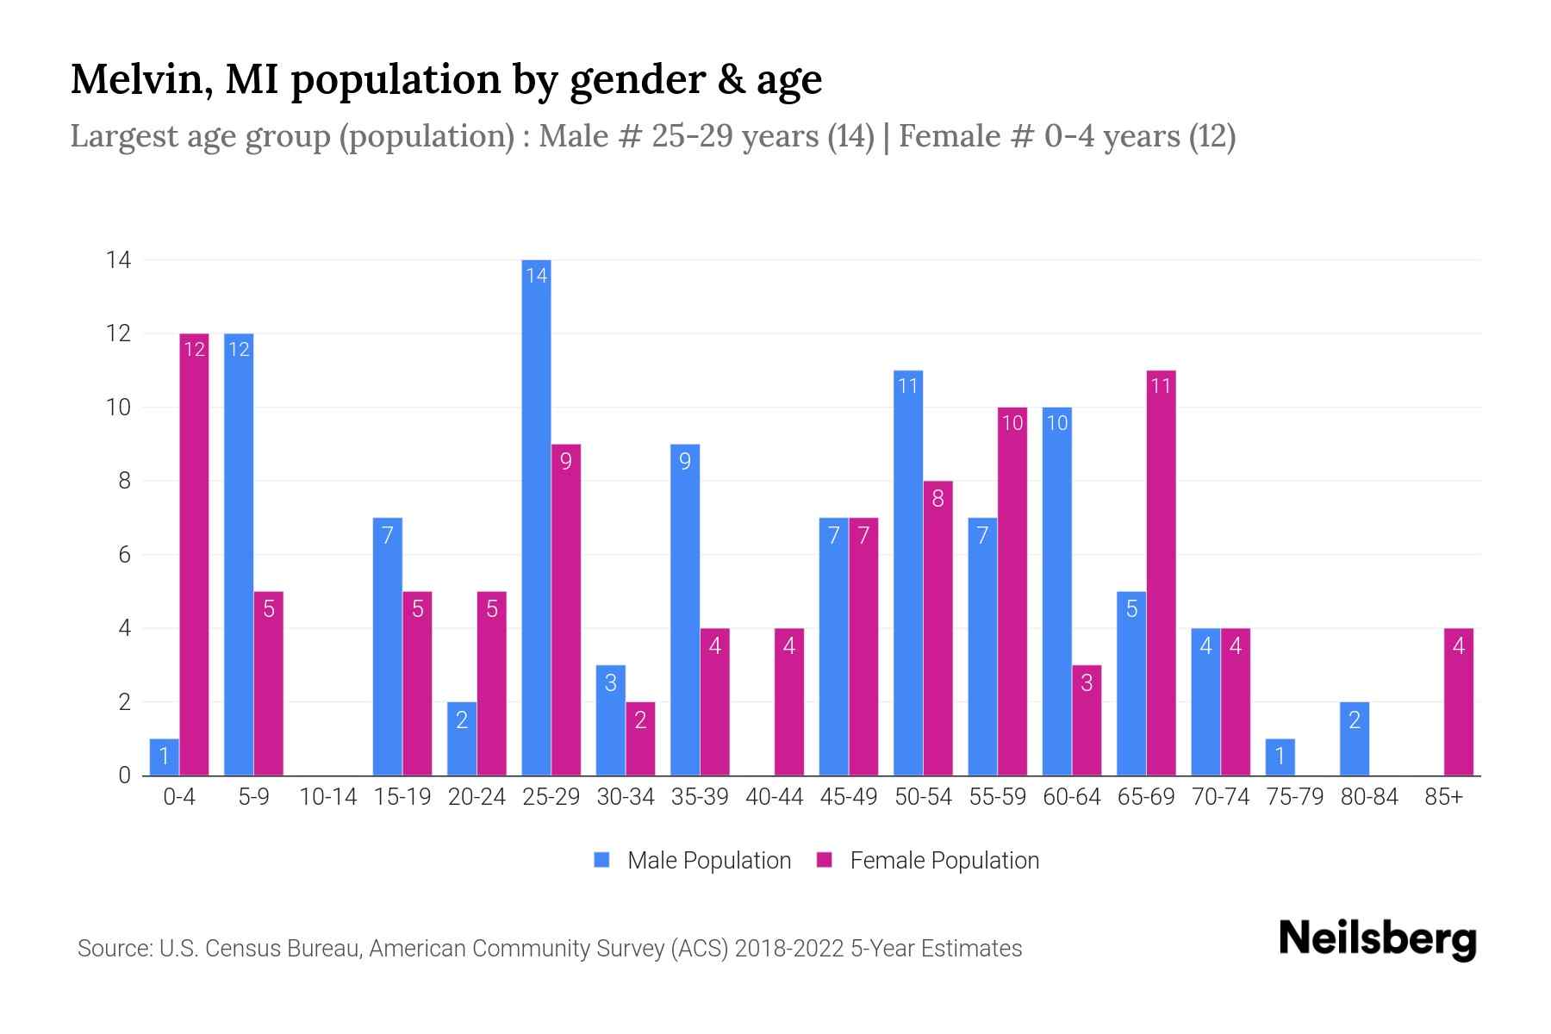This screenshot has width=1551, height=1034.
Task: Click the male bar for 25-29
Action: [536, 517]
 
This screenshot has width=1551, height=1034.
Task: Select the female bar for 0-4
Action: [194, 554]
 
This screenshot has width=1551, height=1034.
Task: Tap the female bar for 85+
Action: [1458, 701]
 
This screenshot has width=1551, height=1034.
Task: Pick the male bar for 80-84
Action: [1354, 738]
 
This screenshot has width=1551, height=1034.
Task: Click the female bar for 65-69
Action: [1161, 573]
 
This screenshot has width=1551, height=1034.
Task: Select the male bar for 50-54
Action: [908, 573]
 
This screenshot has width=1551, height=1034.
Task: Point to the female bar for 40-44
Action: [789, 701]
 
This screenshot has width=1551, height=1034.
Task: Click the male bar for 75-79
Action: [1280, 757]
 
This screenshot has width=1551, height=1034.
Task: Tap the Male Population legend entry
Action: [693, 860]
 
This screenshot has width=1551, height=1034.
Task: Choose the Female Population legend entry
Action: [928, 860]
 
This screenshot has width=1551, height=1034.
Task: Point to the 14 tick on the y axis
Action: [118, 259]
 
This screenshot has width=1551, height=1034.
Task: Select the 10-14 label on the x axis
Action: [327, 797]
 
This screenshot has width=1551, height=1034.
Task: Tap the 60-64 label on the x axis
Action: [1071, 797]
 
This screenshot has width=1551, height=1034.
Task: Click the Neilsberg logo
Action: [1377, 938]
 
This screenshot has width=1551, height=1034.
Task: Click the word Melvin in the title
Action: [136, 79]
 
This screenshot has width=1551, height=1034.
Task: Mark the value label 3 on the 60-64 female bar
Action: [1087, 682]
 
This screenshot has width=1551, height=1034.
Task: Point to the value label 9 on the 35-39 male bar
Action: [685, 461]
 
